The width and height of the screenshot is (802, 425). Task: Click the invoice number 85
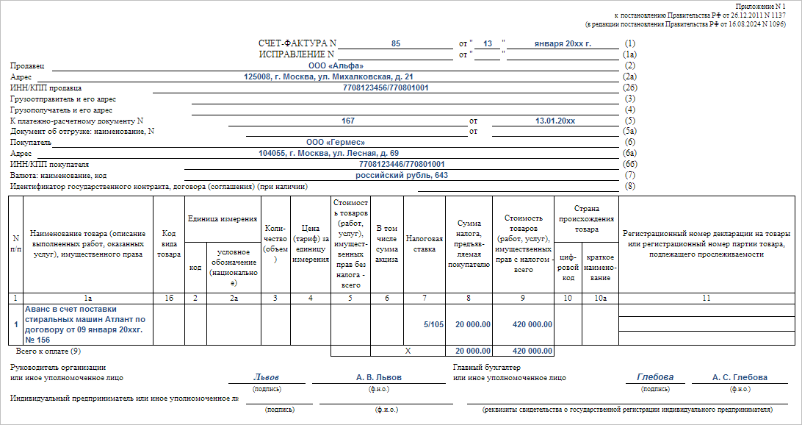(x=396, y=44)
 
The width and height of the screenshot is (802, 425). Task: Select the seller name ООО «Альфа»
(x=330, y=66)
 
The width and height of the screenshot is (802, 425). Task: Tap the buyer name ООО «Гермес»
(x=336, y=142)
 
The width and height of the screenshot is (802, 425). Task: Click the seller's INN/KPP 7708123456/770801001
(x=386, y=87)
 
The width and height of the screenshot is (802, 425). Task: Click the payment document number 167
(x=348, y=121)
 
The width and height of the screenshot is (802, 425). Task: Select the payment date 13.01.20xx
(x=555, y=121)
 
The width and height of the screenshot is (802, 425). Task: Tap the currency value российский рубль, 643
(x=402, y=176)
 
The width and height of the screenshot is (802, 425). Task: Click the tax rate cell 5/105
(x=433, y=324)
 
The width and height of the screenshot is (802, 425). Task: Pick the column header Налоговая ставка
(x=425, y=243)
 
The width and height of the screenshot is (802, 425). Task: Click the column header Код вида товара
(x=168, y=243)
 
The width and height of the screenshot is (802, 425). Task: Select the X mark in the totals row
(x=408, y=351)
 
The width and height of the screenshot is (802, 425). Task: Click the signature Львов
(x=267, y=377)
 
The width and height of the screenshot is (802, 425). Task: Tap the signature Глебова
(x=654, y=377)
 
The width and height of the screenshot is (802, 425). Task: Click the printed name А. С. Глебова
(x=740, y=377)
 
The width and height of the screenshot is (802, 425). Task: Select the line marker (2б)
(x=629, y=87)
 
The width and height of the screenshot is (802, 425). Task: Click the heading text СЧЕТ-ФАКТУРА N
(x=297, y=44)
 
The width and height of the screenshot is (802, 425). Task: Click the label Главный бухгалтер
(x=491, y=367)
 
